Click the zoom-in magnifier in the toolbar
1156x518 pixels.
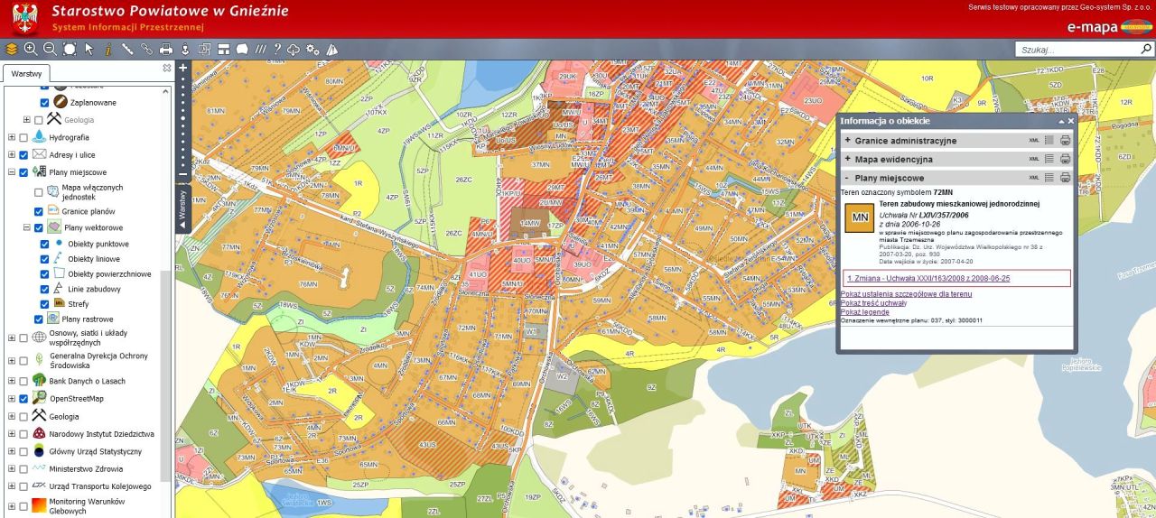[x=31, y=50]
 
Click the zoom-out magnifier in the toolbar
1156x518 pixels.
[x=51, y=50]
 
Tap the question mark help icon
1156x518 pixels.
[x=277, y=50]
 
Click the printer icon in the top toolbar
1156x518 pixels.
[x=165, y=50]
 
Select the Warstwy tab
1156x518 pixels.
[x=25, y=73]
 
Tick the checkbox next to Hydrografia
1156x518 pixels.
[x=25, y=137]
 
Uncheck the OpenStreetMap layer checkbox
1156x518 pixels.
[x=25, y=398]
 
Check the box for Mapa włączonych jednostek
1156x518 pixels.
[x=38, y=191]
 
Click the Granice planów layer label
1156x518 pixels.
[x=88, y=211]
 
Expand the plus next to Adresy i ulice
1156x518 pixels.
[x=12, y=155]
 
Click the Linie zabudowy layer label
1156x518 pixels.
[x=95, y=289]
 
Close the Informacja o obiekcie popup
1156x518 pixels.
[x=1071, y=121]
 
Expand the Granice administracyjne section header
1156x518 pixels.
[x=905, y=141]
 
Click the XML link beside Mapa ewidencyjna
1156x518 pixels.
[x=1034, y=159]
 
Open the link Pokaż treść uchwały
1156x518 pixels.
[x=873, y=303]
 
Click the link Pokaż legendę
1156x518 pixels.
[x=864, y=312]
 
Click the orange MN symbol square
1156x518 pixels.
[x=859, y=218]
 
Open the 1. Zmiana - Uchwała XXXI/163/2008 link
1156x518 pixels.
[x=928, y=278]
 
